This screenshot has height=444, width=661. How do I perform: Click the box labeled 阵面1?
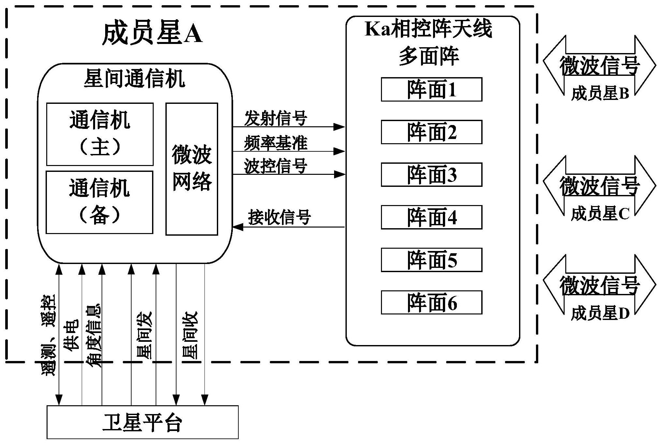click(431, 89)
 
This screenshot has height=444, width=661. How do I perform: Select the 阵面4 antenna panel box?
click(431, 217)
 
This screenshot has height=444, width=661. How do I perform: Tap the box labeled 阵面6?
click(431, 302)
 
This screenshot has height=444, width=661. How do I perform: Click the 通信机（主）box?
click(100, 134)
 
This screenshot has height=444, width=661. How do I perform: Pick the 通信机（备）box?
click(99, 202)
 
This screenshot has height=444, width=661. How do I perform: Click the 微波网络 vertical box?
click(191, 169)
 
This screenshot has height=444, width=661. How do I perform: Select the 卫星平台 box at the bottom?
click(142, 422)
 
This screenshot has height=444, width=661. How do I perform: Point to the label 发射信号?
click(275, 118)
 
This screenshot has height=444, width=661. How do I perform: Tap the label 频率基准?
click(275, 143)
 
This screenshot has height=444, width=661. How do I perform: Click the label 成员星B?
click(600, 94)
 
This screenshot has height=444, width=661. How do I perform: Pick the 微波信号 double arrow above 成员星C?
click(599, 186)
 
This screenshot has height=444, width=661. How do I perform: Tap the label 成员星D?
click(600, 314)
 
